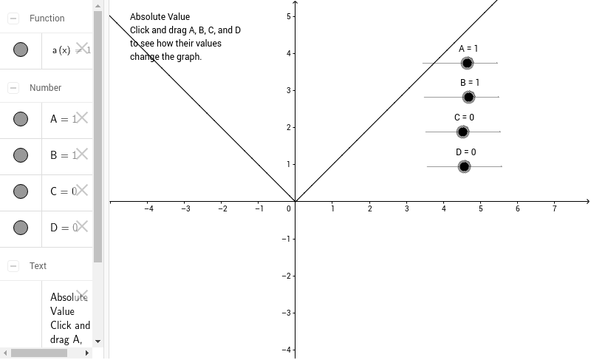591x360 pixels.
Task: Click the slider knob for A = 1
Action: coord(467,63)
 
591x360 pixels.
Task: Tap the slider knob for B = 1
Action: coord(468,97)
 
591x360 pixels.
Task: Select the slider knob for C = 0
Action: coord(462,132)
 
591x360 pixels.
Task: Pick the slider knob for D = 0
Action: coord(464,166)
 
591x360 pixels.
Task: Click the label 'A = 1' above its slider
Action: coord(468,49)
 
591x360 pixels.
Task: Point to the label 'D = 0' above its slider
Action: coord(465,152)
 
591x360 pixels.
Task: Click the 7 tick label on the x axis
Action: coord(554,209)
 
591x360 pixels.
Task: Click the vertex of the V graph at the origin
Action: coord(295,201)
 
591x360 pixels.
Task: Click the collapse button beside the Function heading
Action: coord(13,18)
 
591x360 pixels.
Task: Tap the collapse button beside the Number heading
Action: coord(13,87)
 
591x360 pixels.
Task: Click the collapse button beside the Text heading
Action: coord(13,265)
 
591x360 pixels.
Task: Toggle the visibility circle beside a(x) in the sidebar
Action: coord(21,50)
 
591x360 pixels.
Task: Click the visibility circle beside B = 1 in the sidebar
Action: coord(21,154)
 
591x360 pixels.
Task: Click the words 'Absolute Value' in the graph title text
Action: coord(160,16)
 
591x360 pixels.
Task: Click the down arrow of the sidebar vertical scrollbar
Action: coord(98,342)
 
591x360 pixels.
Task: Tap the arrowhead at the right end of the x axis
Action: coord(587,201)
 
